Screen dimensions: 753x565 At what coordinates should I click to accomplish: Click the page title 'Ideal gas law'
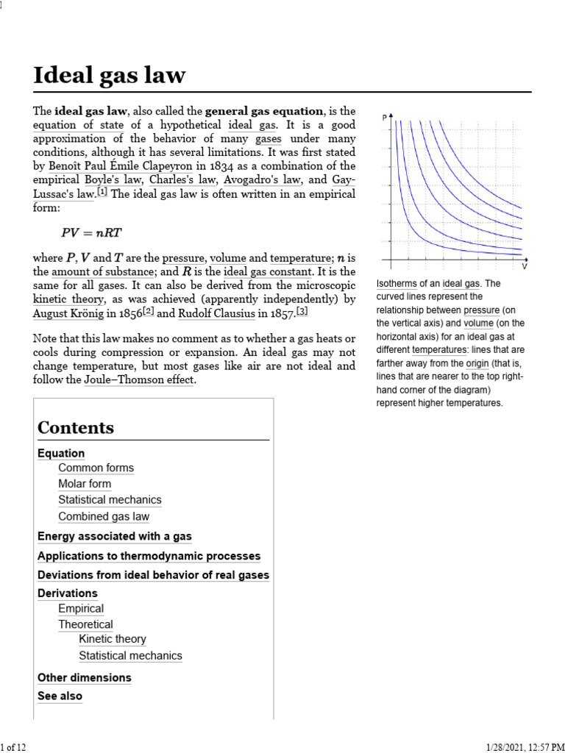(110, 75)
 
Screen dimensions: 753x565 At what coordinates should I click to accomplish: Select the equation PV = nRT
(91, 233)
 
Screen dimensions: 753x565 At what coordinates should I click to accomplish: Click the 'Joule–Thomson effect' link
(139, 379)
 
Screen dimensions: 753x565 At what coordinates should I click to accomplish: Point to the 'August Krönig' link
(69, 313)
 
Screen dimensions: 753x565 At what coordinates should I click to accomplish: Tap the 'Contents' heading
(76, 428)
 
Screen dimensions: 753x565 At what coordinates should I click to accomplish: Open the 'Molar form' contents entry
(85, 484)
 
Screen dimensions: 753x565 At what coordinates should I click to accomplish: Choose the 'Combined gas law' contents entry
(104, 516)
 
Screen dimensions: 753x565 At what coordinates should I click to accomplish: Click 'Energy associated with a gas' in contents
(115, 537)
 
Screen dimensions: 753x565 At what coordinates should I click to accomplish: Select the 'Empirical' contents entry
(81, 609)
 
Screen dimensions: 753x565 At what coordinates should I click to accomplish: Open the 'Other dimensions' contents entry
(85, 678)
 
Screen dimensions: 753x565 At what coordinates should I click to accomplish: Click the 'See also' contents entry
(60, 696)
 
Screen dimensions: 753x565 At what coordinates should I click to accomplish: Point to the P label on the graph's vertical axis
(384, 118)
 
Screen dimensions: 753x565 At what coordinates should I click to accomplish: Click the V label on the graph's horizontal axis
(525, 266)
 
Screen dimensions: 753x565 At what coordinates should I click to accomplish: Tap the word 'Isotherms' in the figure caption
(397, 284)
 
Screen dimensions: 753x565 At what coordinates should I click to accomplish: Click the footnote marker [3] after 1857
(302, 312)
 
